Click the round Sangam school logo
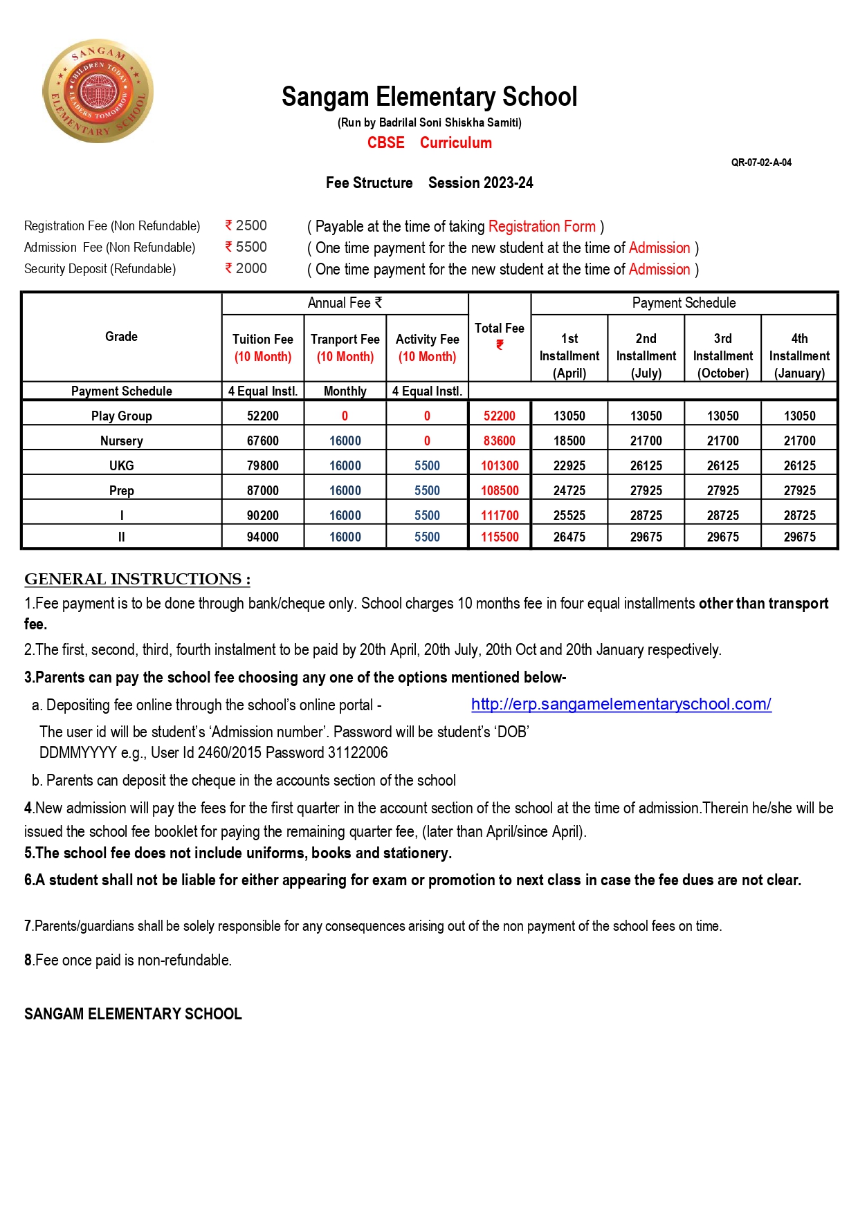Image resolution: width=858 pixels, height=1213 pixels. click(98, 91)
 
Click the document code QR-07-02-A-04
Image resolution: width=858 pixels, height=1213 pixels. click(761, 163)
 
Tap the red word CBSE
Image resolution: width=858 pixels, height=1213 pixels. click(385, 142)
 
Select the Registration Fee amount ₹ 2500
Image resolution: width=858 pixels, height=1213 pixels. click(246, 225)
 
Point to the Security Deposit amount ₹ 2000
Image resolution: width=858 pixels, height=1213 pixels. click(246, 268)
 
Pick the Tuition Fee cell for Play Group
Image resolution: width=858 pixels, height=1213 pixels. click(263, 416)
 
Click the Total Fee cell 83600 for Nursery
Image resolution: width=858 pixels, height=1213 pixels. click(499, 441)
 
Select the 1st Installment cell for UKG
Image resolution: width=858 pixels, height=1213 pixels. click(569, 465)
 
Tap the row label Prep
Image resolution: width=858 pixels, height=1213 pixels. click(121, 490)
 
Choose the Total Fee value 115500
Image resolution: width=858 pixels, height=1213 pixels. click(499, 537)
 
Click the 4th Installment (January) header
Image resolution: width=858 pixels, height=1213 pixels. click(799, 355)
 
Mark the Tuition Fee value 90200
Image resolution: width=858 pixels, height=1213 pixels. click(263, 515)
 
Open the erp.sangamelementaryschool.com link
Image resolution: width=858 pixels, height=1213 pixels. click(621, 704)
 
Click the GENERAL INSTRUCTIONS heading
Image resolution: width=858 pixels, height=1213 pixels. click(137, 579)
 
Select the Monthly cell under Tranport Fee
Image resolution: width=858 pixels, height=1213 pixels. click(345, 391)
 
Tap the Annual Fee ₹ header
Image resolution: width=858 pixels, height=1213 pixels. click(345, 303)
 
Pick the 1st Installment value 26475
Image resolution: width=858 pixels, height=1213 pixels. click(569, 537)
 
